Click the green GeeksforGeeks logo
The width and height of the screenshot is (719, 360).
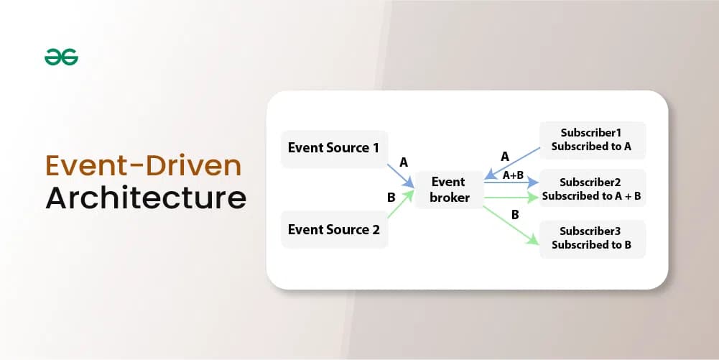point(61,57)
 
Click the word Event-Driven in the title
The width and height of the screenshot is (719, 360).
point(143,165)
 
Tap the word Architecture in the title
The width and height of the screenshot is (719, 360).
point(145,198)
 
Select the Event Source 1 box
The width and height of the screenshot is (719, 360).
point(334,149)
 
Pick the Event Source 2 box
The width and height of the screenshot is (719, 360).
point(334,230)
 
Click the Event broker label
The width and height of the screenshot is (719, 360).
point(449,190)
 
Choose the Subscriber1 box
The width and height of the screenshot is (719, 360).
point(592,140)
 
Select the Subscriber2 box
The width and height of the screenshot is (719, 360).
point(592,189)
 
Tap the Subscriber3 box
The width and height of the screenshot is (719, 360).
point(592,239)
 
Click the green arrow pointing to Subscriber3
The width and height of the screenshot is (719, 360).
point(511,224)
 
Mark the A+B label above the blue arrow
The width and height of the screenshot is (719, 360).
point(513,175)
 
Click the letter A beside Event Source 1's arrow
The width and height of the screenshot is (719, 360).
point(404,163)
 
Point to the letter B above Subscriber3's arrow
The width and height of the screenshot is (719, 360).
point(515,214)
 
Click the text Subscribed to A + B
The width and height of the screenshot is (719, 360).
point(592,196)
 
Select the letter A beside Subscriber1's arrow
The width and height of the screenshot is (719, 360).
point(504,157)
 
